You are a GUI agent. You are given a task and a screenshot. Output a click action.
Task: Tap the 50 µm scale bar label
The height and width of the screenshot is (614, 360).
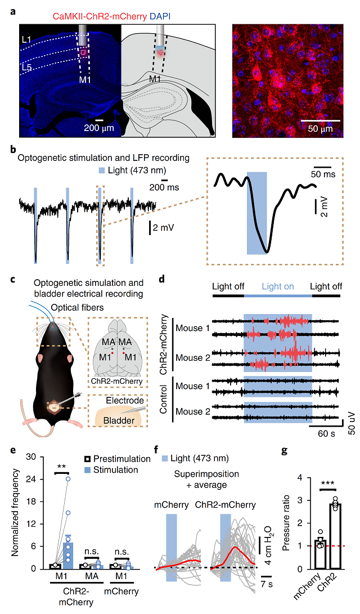(x=320, y=128)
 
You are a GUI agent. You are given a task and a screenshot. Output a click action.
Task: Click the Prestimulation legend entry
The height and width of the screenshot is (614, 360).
(x=116, y=459)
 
